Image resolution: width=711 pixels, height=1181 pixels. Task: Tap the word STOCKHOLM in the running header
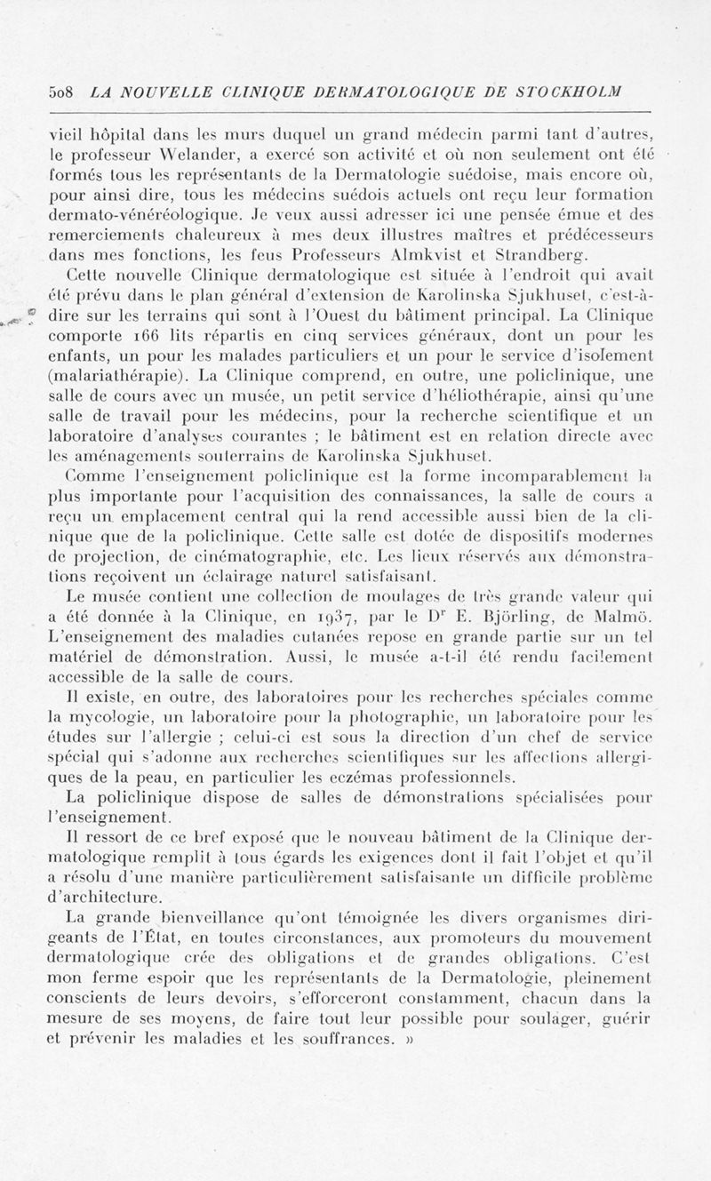click(x=568, y=92)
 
